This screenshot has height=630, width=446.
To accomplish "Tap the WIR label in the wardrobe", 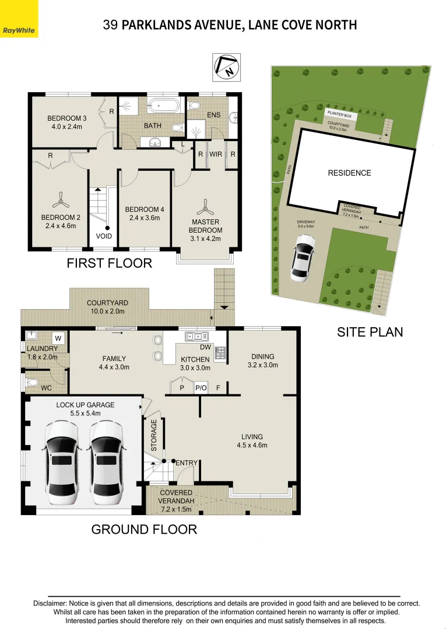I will tap(216, 155).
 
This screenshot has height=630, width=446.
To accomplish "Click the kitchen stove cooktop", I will tap(221, 352).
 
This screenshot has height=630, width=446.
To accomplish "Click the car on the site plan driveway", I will tap(303, 258).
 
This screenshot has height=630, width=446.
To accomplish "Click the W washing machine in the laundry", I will tap(58, 338).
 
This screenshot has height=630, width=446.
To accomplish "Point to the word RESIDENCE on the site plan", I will tap(349, 173).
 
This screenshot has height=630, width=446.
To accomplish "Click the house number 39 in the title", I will tap(110, 24).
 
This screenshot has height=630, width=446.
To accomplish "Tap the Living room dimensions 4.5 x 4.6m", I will tap(252, 446).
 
